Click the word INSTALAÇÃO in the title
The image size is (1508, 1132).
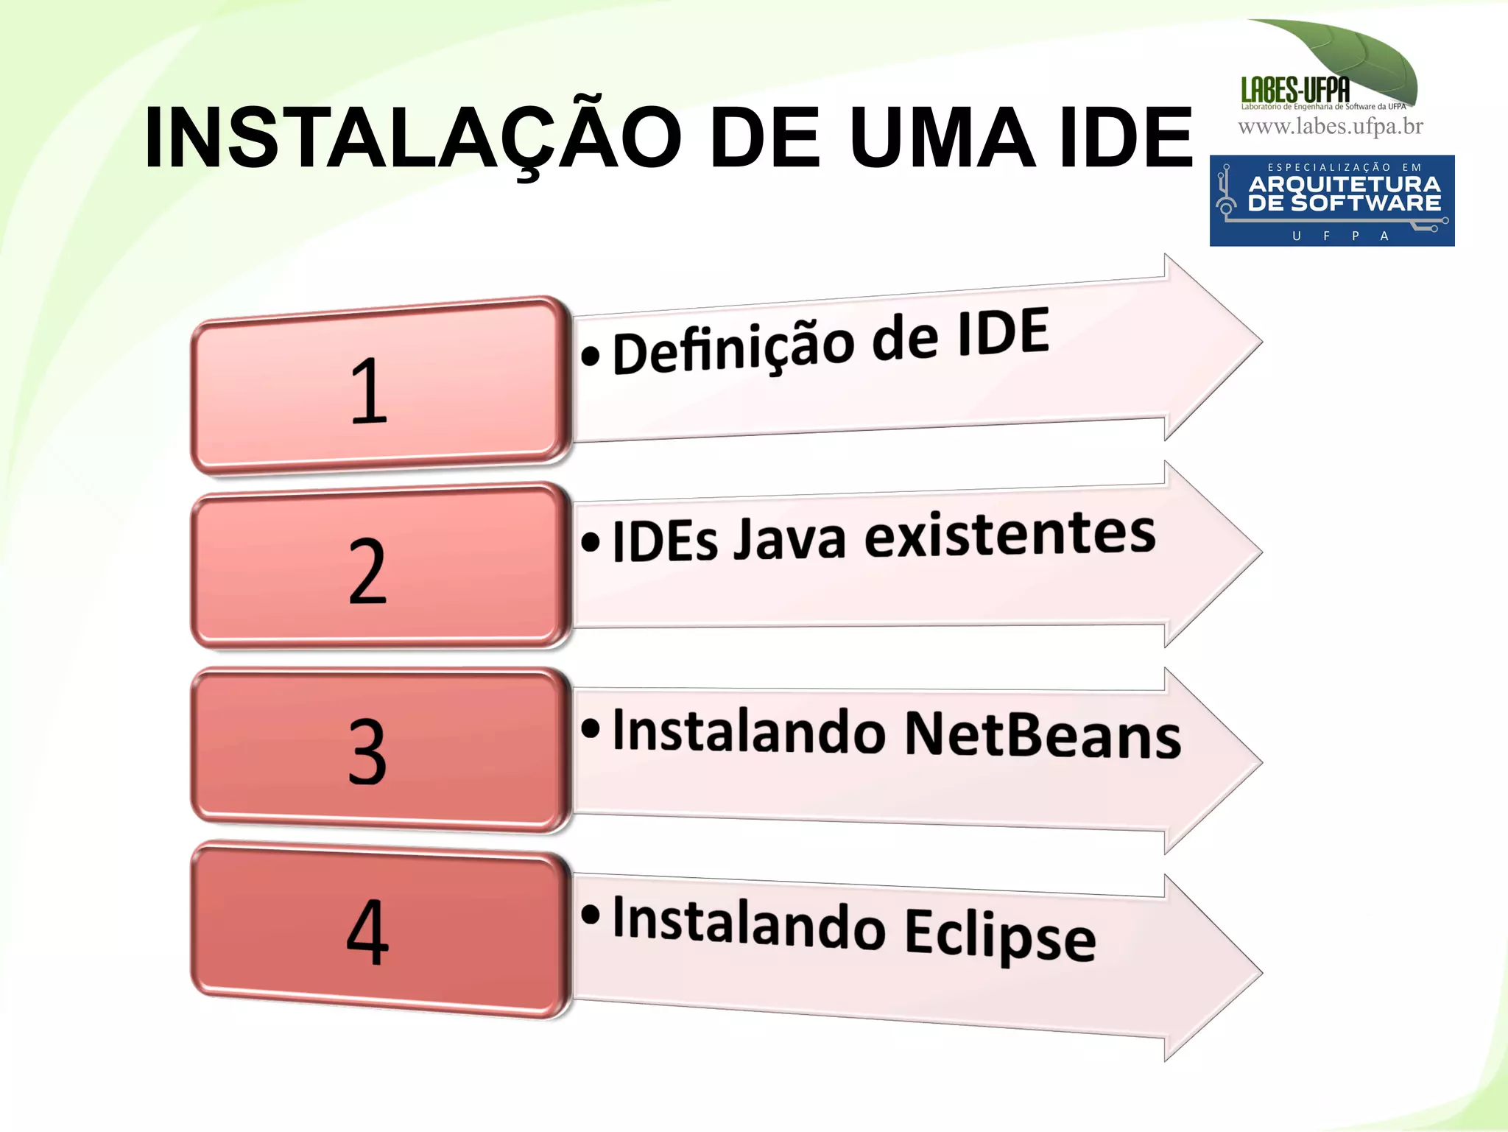[412, 138]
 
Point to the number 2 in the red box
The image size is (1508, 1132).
[367, 571]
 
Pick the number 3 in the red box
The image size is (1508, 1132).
[367, 751]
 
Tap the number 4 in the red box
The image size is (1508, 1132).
[367, 932]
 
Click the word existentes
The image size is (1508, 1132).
[1010, 534]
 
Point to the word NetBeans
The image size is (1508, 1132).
[1042, 735]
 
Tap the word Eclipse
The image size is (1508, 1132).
[1000, 935]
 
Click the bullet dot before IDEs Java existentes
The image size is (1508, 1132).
[591, 542]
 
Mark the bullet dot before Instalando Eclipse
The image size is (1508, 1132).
[591, 914]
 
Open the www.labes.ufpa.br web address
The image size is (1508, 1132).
[1331, 127]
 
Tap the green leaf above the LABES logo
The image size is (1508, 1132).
[1362, 55]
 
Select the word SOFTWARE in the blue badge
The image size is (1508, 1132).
[1366, 203]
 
